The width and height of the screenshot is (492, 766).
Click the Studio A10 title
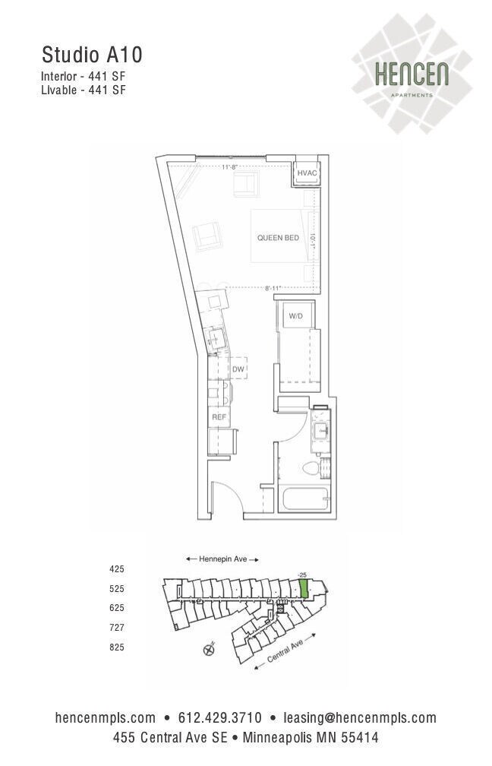pos(92,55)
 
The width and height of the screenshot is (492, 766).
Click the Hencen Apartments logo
pos(412,76)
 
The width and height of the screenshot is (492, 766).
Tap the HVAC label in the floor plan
pos(307,174)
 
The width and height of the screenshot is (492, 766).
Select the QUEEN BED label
pos(278,238)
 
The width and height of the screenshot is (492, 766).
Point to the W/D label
pos(295,316)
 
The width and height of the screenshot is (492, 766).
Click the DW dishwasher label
pos(238,369)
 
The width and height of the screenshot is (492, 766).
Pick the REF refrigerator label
pos(219,416)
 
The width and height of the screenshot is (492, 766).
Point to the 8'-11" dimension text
pos(273,288)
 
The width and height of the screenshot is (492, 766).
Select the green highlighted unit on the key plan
pos(304,587)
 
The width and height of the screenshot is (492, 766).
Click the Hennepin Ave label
pos(223,559)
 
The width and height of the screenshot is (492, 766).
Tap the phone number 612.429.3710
pos(219,717)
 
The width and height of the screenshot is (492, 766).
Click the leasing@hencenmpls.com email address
pos(360,717)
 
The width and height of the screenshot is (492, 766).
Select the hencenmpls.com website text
pos(106,717)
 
